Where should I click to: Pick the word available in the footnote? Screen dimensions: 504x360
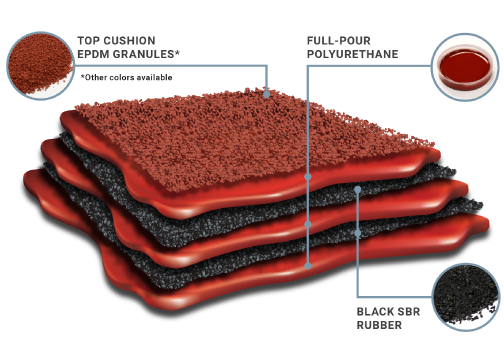click(154, 77)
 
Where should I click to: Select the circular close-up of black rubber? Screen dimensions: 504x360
click(465, 295)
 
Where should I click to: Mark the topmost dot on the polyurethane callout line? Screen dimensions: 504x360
click(308, 176)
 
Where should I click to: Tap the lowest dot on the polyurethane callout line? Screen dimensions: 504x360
click(308, 265)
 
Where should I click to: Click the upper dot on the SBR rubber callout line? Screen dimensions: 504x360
click(357, 188)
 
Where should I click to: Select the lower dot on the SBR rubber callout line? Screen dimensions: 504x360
click(357, 232)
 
